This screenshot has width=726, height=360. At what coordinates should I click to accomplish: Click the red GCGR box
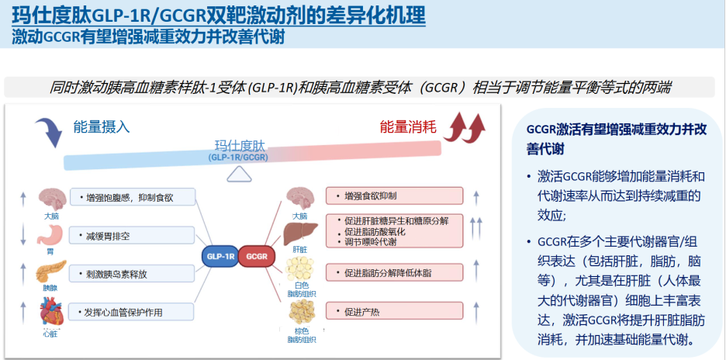(256, 254)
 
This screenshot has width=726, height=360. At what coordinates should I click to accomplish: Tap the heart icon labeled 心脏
(51, 314)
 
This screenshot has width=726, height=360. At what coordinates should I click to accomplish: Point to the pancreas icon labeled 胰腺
(51, 274)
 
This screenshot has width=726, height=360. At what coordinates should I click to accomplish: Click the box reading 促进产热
(394, 313)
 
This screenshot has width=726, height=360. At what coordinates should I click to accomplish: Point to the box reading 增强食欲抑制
(394, 196)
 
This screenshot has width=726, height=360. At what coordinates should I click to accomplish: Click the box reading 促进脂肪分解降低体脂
(394, 272)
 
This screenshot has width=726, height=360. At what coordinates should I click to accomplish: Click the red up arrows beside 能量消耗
(468, 126)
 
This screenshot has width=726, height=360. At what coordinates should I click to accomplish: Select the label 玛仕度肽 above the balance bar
(240, 145)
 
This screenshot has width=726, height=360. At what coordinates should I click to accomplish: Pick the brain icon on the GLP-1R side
(51, 198)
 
